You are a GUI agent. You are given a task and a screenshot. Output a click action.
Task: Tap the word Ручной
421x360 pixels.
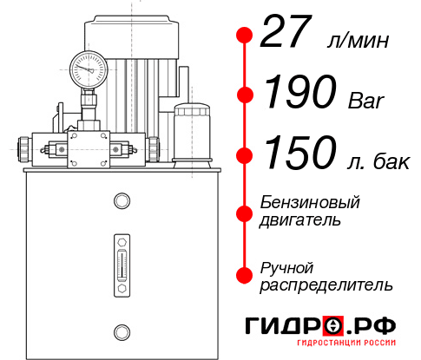(286, 267)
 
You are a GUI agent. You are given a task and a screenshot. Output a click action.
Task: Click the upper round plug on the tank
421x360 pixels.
(121, 202)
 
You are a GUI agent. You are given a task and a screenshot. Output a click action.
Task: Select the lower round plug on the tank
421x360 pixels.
(121, 331)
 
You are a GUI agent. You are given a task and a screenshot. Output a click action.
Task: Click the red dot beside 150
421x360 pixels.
(246, 154)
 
